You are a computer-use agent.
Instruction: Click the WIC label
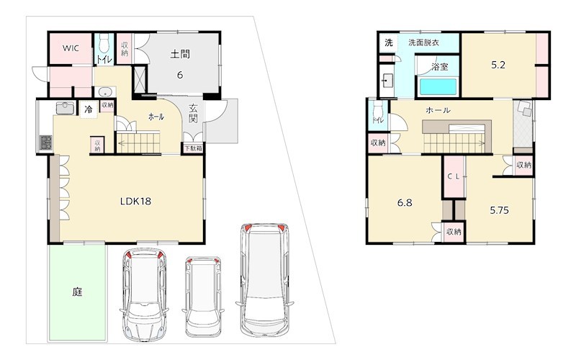pyautogui.click(x=71, y=48)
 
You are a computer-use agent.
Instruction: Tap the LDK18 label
pyautogui.click(x=136, y=202)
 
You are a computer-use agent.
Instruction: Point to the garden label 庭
pyautogui.click(x=77, y=292)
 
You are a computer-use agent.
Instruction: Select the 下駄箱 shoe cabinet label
pyautogui.click(x=193, y=149)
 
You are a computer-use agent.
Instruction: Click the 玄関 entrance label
pyautogui.click(x=193, y=114)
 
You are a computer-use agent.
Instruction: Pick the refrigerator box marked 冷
pyautogui.click(x=89, y=109)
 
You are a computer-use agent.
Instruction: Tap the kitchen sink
pyautogui.click(x=66, y=108)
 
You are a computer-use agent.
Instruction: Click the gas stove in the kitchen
pyautogui.click(x=45, y=143)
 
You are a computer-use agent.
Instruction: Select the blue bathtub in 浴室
pyautogui.click(x=438, y=86)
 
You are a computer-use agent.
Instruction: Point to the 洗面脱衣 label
pyautogui.click(x=423, y=42)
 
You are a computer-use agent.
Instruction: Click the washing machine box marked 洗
pyautogui.click(x=389, y=42)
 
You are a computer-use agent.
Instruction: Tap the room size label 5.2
pyautogui.click(x=498, y=65)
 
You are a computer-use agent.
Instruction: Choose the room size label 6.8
pyautogui.click(x=405, y=203)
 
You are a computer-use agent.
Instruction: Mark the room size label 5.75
pyautogui.click(x=499, y=210)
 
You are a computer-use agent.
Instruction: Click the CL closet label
pyautogui.click(x=454, y=176)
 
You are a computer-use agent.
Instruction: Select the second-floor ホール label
pyautogui.click(x=438, y=110)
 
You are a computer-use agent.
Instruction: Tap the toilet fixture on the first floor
pyautogui.click(x=104, y=44)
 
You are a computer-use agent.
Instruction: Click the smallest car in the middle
pyautogui.click(x=203, y=296)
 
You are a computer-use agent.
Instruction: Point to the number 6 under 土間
pyautogui.click(x=179, y=75)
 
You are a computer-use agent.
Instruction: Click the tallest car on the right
pyautogui.click(x=264, y=279)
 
